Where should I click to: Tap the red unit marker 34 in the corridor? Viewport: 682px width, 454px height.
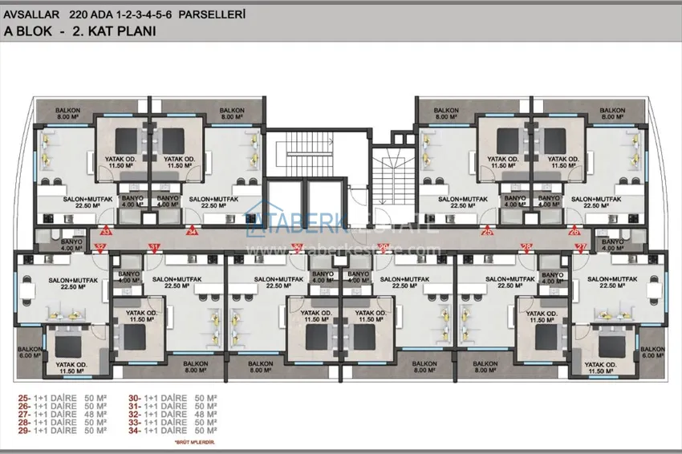point(192,232)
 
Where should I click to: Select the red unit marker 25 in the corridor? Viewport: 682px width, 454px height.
point(488,232)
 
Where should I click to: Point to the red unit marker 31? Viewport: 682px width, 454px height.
point(154,246)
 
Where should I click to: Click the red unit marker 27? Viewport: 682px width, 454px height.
point(582,246)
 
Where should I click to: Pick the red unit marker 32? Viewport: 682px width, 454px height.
point(101,246)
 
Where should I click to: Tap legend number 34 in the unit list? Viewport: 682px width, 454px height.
point(133,429)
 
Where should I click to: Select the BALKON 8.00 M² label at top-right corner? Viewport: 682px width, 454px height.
point(612,113)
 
